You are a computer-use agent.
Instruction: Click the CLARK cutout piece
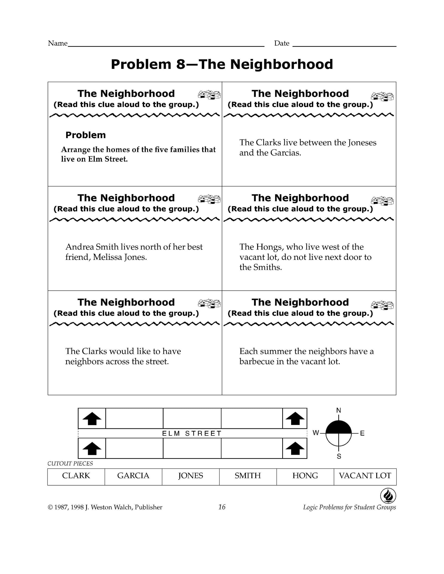point(76,476)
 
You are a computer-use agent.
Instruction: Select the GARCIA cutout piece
point(133,476)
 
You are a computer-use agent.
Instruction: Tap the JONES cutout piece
point(191,476)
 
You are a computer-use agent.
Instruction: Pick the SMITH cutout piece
point(248,476)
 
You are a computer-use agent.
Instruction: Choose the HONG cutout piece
point(305,476)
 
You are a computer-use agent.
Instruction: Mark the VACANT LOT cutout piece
point(365,476)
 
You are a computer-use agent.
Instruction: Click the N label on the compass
point(339,410)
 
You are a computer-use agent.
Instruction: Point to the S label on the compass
point(339,457)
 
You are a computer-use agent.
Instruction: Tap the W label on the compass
point(316,433)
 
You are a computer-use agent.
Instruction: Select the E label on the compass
point(362,433)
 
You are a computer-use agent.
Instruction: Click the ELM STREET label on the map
point(192,433)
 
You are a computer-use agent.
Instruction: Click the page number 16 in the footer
point(222,507)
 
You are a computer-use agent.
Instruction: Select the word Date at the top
point(282,43)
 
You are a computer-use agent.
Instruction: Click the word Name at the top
point(57,43)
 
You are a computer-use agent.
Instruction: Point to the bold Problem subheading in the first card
point(86,135)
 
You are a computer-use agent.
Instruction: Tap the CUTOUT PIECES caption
point(70,463)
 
